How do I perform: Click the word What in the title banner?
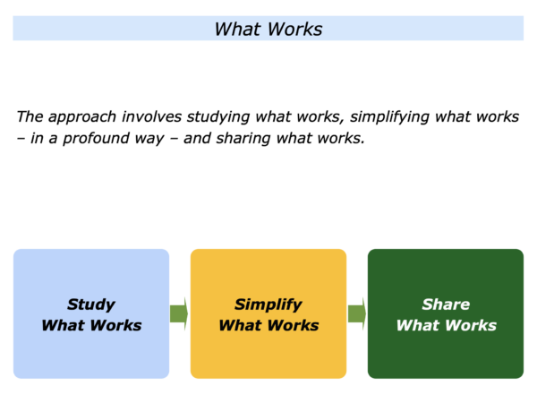point(238,30)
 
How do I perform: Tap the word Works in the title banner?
point(295,30)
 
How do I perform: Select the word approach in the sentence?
point(82,117)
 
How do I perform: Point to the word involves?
point(152,116)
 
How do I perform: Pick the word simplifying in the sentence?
point(389,117)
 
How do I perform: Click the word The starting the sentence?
point(30,116)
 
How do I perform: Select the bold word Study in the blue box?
point(91,304)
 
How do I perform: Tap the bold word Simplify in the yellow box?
point(268,304)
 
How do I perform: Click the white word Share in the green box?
point(446,304)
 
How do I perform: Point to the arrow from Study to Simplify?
point(179,313)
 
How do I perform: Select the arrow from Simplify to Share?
point(357,313)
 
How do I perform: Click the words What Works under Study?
point(91,325)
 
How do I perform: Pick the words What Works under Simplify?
point(268,325)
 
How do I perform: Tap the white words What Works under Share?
point(447,325)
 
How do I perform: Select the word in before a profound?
point(37,138)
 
